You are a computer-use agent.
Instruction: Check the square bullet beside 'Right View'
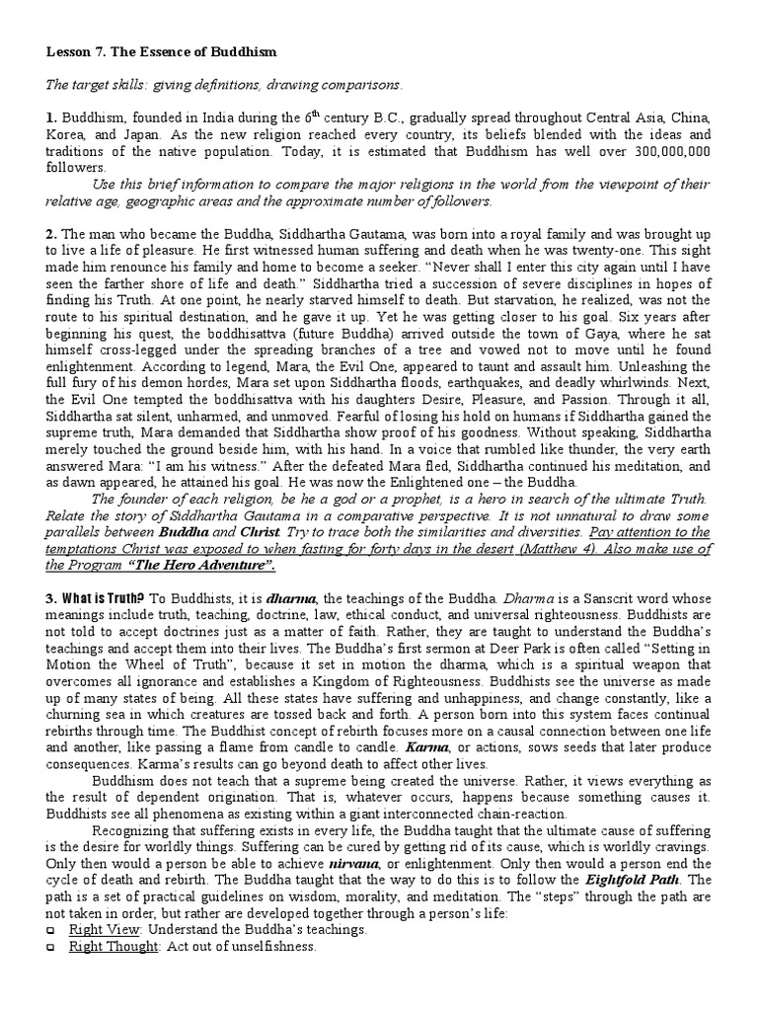50,931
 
